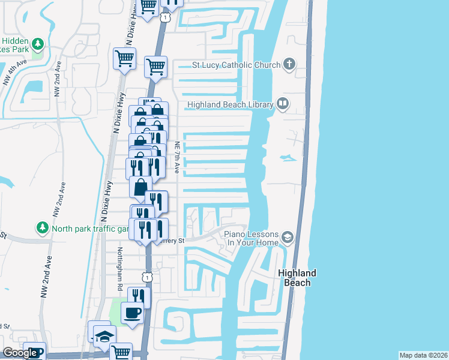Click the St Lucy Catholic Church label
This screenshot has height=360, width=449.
[x=236, y=65]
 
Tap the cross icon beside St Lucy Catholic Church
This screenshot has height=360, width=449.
[x=289, y=64]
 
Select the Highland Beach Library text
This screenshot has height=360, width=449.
[x=231, y=104]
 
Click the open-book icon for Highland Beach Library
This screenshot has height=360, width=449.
[x=283, y=104]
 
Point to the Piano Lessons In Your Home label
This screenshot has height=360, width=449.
[x=252, y=238]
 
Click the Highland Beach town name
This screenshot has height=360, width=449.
[x=297, y=278]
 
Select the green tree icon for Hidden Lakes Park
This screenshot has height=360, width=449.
[x=38, y=44]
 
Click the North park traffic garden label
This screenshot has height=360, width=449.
[x=91, y=229]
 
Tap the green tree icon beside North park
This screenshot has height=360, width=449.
[x=43, y=228]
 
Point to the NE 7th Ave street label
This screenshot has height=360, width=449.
[x=177, y=157]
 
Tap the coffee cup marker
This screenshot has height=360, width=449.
[x=132, y=313]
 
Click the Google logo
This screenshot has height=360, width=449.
[x=19, y=353]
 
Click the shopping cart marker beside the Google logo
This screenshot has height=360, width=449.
[x=121, y=353]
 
